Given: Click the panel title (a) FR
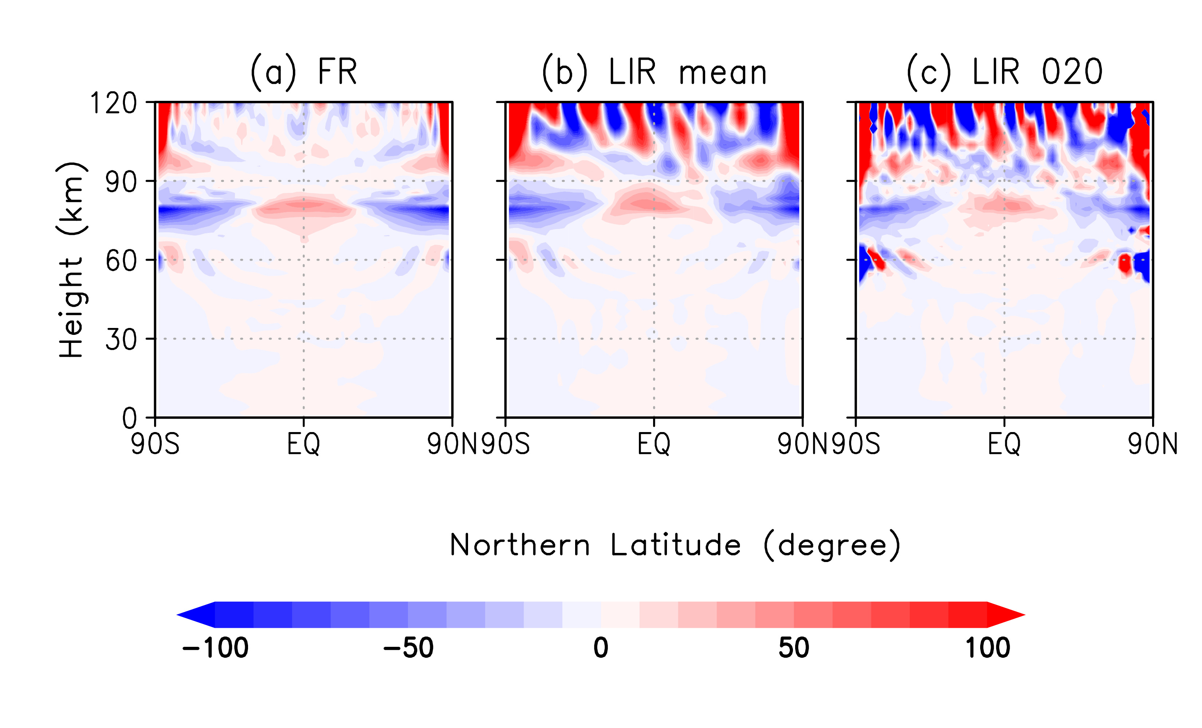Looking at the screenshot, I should [x=303, y=72].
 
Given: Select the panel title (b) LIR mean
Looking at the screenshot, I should [x=654, y=72].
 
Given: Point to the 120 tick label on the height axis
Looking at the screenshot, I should [x=114, y=103].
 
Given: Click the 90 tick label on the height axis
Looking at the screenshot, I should [x=121, y=182].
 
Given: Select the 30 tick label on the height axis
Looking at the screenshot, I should [x=121, y=339].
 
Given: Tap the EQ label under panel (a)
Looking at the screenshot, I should [x=303, y=444].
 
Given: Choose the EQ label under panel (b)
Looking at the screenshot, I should [x=654, y=444].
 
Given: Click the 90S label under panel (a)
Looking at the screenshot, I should [x=155, y=444].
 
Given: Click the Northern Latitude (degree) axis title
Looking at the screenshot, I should [x=675, y=545].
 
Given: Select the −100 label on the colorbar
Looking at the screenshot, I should [x=215, y=648].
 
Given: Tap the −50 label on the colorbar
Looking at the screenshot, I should [x=408, y=648].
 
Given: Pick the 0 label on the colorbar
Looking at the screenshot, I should [x=601, y=648].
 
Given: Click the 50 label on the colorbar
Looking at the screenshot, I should [x=794, y=648].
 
